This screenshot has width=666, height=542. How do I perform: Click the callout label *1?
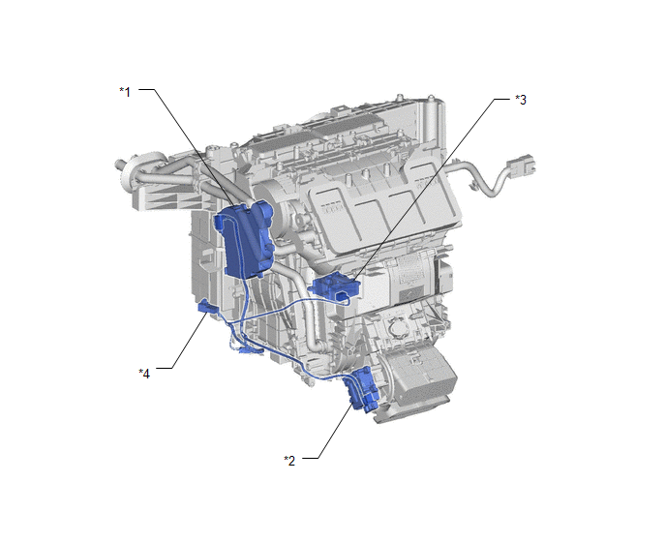[125, 92]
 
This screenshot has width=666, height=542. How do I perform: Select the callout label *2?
[289, 461]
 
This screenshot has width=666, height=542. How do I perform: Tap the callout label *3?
[521, 100]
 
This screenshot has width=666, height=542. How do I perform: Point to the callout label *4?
[144, 374]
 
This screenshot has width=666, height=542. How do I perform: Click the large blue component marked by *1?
[245, 240]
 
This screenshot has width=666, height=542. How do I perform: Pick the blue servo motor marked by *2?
[362, 389]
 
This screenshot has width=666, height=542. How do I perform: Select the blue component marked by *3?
[336, 287]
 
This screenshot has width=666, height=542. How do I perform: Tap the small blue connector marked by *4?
[207, 306]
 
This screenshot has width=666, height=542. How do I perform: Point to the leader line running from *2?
[334, 431]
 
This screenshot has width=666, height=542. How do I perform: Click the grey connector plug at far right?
[521, 166]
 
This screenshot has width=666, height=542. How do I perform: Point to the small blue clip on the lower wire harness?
[248, 350]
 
